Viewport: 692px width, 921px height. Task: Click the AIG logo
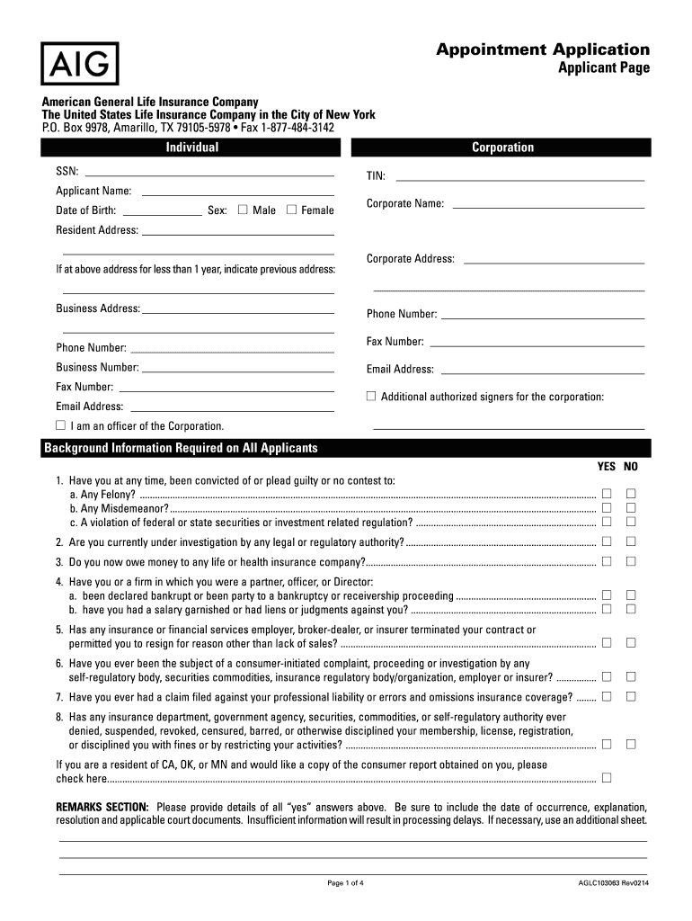[79, 63]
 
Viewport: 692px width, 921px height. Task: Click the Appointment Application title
[543, 49]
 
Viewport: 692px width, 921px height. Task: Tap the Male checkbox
[243, 210]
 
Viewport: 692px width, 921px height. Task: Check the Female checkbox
[291, 210]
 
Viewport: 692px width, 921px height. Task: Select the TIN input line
[520, 180]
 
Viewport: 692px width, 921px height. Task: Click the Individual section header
[191, 148]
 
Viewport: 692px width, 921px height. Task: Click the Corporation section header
[502, 148]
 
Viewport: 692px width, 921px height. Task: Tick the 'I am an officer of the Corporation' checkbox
[61, 425]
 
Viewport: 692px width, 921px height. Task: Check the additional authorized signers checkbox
[370, 396]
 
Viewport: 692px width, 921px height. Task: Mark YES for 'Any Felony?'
[607, 493]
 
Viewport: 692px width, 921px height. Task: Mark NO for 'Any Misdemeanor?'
[631, 507]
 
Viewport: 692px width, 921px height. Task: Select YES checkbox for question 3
[607, 561]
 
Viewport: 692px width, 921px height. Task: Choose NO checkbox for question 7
[631, 696]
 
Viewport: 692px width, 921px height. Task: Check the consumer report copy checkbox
[607, 777]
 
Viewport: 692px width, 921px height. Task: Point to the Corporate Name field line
[548, 208]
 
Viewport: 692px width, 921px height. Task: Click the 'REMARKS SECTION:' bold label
[102, 807]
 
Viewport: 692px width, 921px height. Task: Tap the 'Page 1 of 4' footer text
[346, 882]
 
